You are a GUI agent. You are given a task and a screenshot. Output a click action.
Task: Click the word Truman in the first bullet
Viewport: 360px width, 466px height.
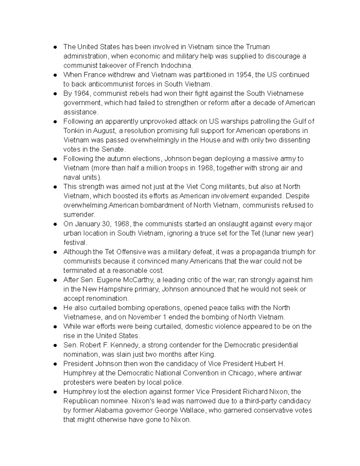click(258, 47)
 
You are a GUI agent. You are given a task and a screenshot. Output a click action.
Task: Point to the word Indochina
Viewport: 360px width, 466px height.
click(176, 65)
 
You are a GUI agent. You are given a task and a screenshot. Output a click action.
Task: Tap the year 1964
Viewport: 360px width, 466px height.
click(82, 93)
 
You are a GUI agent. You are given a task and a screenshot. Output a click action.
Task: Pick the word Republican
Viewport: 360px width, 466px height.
click(81, 401)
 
